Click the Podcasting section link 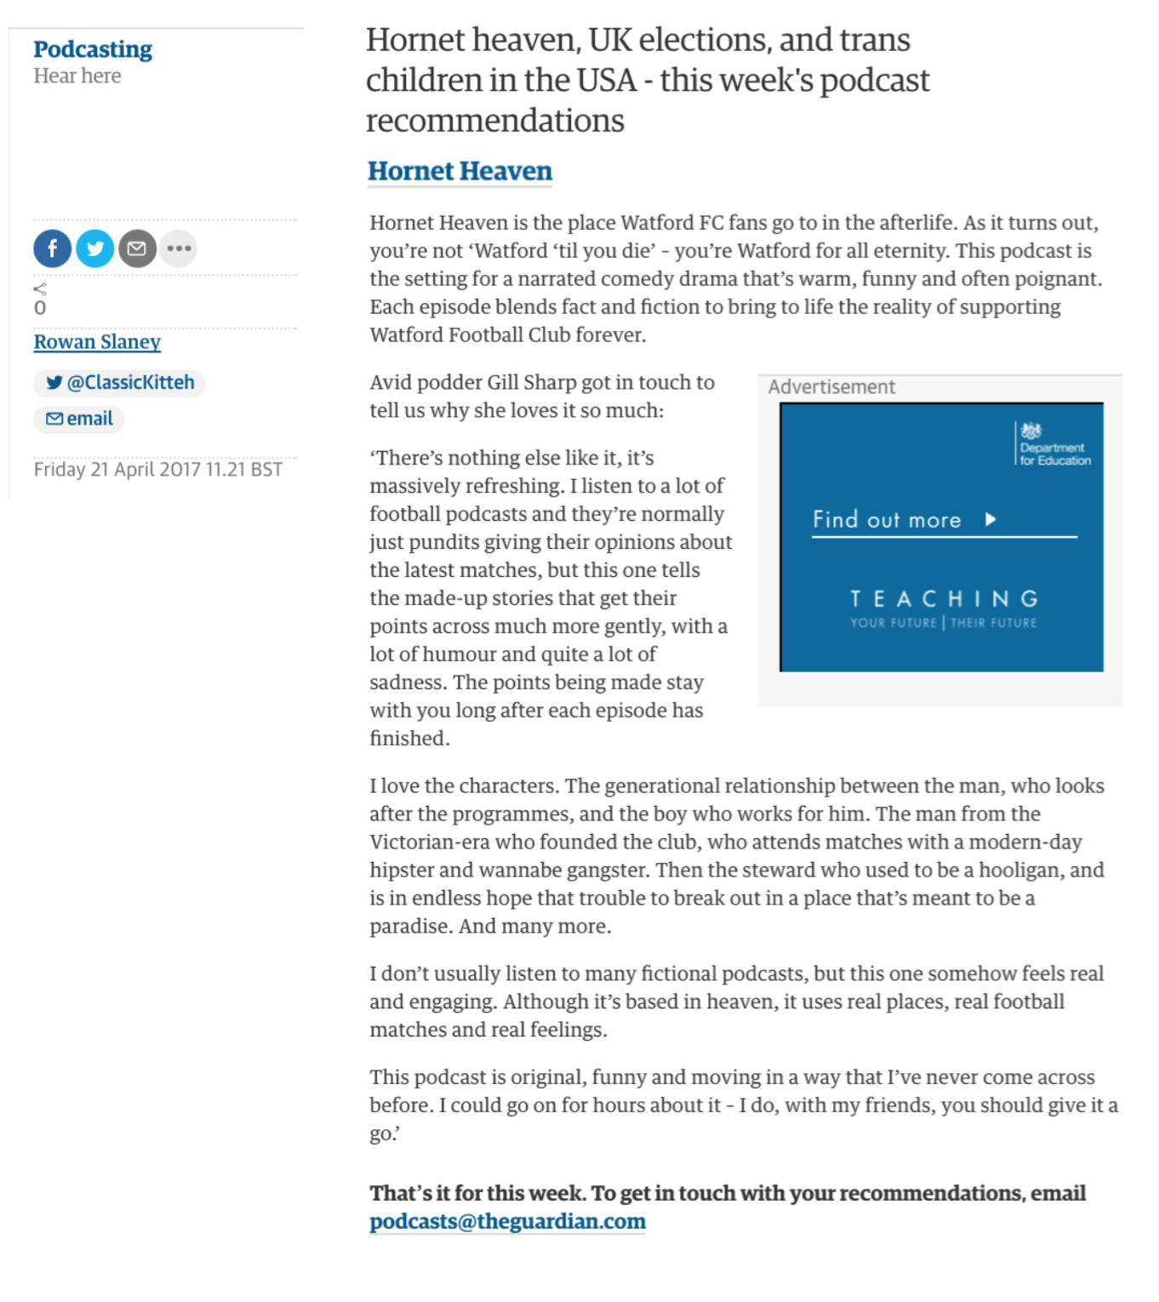[x=93, y=49]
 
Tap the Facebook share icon [x=53, y=248]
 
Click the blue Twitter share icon [x=95, y=248]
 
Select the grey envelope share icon [x=137, y=248]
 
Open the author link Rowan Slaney [x=97, y=342]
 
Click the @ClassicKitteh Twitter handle [x=120, y=383]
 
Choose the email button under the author [x=80, y=419]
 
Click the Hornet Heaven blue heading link [x=460, y=171]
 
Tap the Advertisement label [x=831, y=387]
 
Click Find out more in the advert [x=887, y=520]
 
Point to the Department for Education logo [x=1053, y=445]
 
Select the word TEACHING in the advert [x=944, y=599]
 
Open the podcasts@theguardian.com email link [x=507, y=1221]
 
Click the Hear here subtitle [x=77, y=77]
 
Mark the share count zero [x=40, y=308]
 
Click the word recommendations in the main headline [x=494, y=121]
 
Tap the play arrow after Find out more [x=991, y=519]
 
